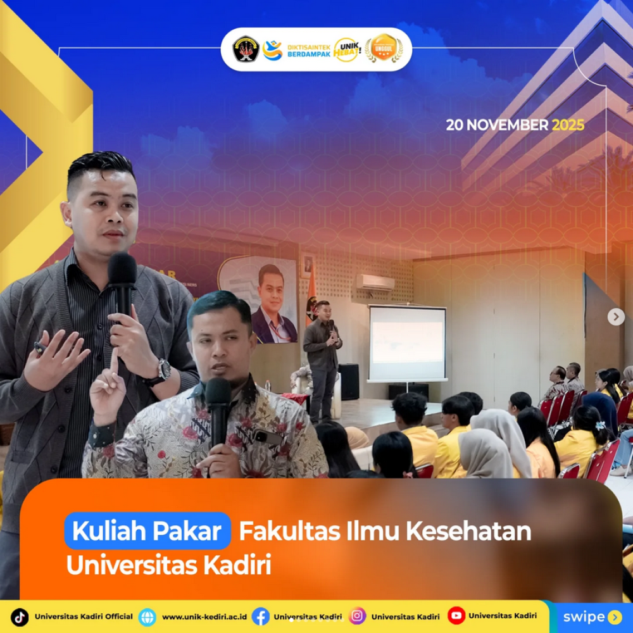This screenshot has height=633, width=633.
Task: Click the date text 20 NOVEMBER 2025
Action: pos(515,125)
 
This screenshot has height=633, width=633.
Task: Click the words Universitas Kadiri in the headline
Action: pos(168,565)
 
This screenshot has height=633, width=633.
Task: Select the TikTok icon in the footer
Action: pos(20,617)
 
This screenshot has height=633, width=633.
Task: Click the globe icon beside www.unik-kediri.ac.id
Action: pos(147,617)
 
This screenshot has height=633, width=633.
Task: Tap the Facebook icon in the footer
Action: pos(260,617)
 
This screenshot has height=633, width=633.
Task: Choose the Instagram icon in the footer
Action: pos(358,616)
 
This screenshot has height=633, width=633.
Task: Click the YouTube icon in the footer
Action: pos(456,616)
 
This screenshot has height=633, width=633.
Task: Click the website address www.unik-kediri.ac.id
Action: pos(204,617)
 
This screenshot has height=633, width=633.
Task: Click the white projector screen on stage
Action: pos(407,342)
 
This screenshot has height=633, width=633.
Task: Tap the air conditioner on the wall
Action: pos(375,282)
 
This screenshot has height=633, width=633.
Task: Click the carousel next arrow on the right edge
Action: pos(616,317)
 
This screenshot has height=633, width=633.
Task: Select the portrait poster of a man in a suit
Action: pos(271,301)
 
